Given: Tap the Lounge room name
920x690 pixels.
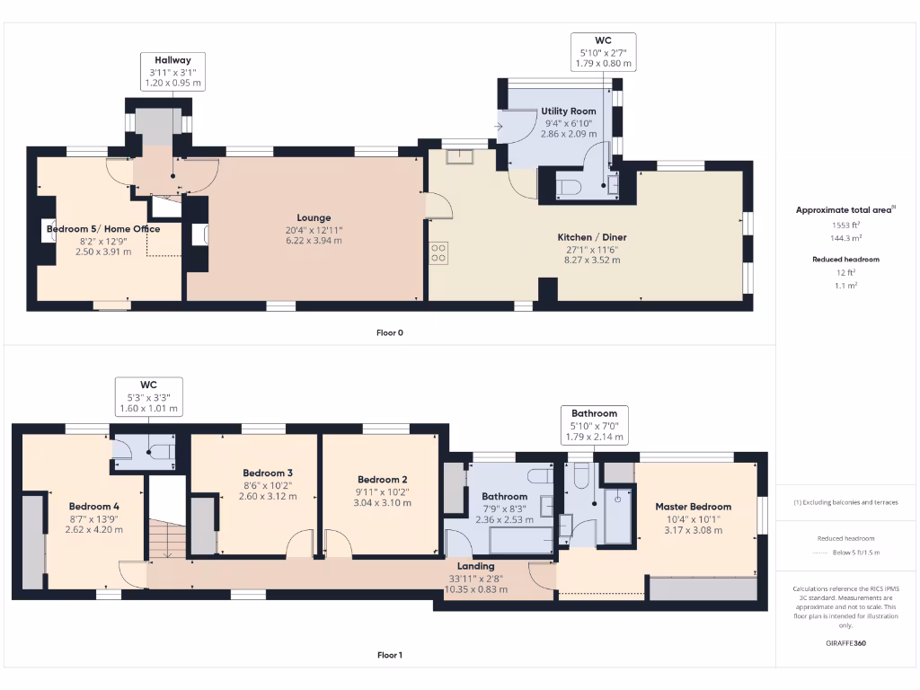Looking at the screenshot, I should pos(314,217).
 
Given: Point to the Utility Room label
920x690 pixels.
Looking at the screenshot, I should pos(568,111).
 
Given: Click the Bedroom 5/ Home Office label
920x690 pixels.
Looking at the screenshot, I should pos(102,229).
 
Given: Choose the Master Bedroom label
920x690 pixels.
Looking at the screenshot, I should pos(693,507).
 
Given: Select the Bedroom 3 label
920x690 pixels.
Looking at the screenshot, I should pos(268,473).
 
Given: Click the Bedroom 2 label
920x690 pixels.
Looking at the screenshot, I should pos(382,480).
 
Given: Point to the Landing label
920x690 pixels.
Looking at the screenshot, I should pos(475,566).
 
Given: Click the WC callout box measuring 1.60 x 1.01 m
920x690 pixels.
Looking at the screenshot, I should pos(148,396).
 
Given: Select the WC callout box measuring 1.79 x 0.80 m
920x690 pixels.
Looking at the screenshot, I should pos(604,52).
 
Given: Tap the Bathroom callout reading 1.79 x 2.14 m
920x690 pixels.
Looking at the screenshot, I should pos(594,425).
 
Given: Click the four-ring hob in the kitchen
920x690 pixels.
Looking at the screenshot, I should pos(439,253).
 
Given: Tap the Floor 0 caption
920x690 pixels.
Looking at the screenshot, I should pos(389,332).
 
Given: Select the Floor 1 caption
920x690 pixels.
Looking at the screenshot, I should pos(389,655).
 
